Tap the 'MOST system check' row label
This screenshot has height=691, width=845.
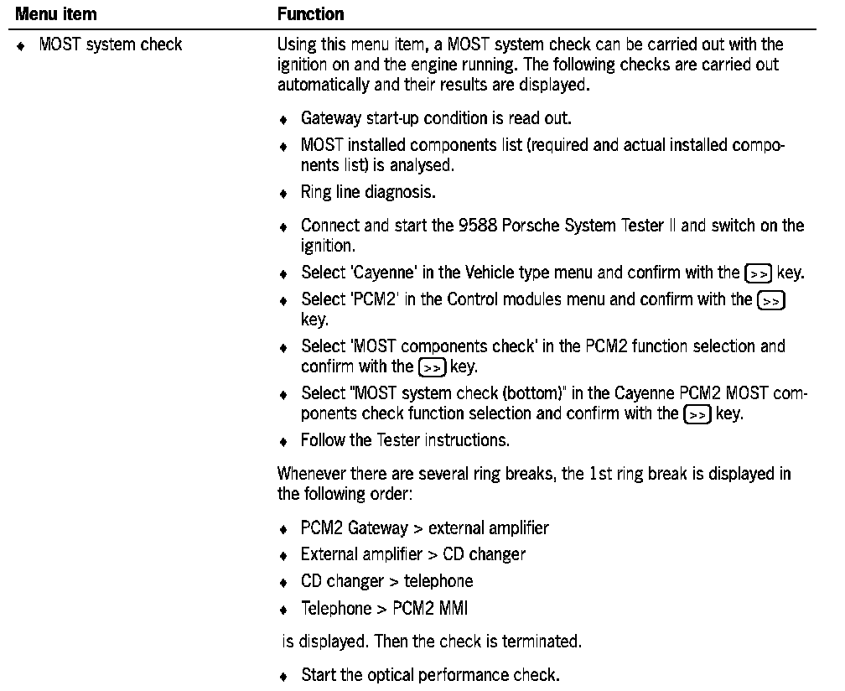(110, 44)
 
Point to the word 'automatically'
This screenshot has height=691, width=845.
(316, 82)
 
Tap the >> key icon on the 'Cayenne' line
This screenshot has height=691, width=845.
(754, 273)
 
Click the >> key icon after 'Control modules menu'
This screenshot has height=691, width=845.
(771, 300)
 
